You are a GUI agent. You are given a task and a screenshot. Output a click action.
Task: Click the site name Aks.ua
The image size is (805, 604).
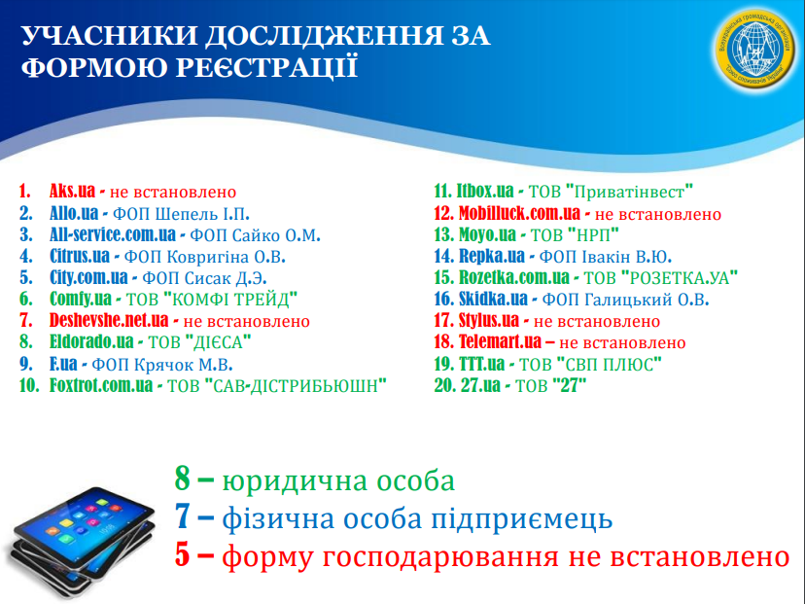pos(72,191)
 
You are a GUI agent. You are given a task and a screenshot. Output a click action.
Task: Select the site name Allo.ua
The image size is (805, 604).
pos(74,213)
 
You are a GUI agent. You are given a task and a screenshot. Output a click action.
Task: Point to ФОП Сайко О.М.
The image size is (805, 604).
pos(255,234)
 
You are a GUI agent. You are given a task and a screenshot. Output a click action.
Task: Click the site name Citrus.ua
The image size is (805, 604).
pos(80,255)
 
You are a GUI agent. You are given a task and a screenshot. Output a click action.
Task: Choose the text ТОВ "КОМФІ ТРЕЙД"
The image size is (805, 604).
pos(212,299)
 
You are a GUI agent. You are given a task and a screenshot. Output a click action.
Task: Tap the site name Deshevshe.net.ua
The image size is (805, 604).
pos(109,320)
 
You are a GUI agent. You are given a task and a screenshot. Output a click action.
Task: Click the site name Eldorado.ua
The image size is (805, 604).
pos(91,341)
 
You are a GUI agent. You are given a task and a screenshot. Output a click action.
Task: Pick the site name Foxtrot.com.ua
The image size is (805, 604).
pos(101,384)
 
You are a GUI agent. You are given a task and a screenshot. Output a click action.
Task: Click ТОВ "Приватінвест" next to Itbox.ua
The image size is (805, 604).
pos(611,191)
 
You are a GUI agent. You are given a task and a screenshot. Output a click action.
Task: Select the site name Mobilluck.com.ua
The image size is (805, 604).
pos(519,213)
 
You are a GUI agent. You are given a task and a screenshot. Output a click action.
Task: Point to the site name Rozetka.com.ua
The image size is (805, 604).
pos(514,277)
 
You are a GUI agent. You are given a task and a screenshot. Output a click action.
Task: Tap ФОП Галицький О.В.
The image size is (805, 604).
pos(625,299)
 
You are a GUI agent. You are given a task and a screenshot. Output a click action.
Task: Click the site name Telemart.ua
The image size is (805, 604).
pos(500,341)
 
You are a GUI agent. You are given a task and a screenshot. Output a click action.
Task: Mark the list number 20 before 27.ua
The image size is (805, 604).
pos(444,384)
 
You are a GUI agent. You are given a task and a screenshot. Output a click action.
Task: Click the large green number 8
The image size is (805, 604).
pos(182,479)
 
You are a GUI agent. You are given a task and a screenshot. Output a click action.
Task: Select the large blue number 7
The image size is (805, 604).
pos(182,516)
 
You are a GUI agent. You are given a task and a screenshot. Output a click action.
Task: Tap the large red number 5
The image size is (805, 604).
pos(182,554)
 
